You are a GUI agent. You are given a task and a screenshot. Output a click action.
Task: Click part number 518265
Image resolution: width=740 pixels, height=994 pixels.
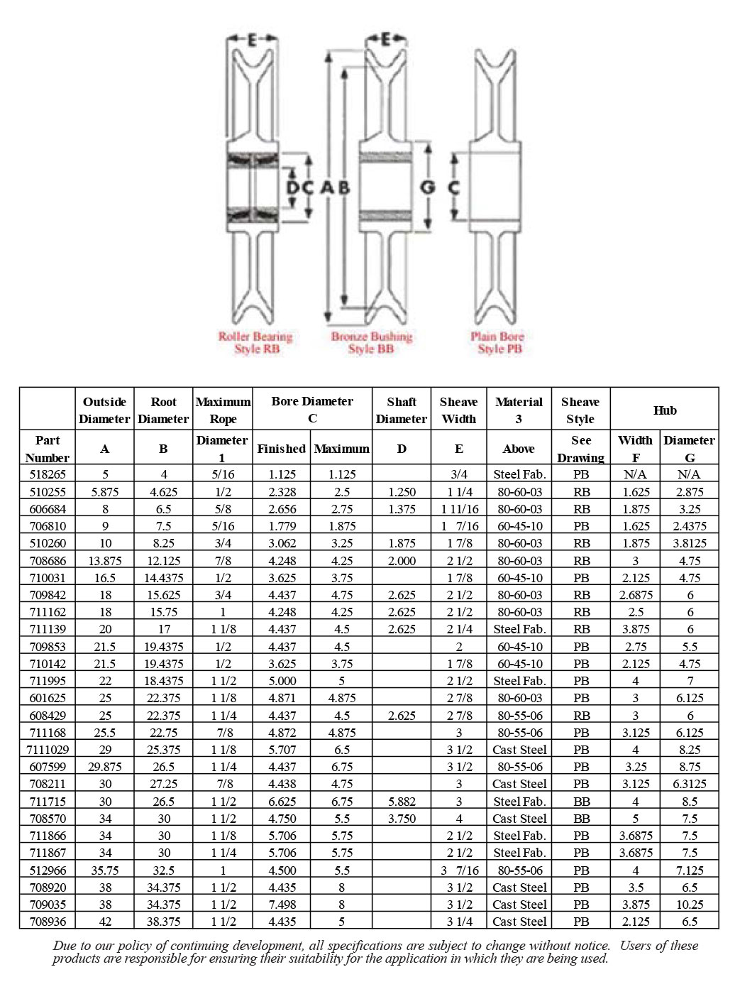coord(48,474)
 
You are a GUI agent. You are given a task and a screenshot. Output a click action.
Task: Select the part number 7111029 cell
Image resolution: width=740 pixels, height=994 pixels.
coord(48,750)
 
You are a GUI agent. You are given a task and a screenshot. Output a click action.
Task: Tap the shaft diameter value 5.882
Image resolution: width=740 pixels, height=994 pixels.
coord(402,802)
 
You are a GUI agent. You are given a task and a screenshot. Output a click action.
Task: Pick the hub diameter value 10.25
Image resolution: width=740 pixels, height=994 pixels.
coord(689,905)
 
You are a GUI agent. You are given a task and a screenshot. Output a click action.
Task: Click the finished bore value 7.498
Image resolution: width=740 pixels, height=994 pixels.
coord(282,905)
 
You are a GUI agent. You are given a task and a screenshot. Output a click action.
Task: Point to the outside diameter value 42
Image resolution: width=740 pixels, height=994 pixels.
coord(104,922)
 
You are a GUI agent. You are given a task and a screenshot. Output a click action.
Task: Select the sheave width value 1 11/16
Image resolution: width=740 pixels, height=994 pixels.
coord(459,509)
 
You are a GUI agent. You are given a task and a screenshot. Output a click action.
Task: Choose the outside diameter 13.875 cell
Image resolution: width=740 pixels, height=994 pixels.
coord(104,561)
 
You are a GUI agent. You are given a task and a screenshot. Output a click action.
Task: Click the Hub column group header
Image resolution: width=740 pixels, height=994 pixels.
coord(664,410)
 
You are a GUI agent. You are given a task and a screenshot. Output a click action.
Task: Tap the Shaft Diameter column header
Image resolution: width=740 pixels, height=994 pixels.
coord(402,410)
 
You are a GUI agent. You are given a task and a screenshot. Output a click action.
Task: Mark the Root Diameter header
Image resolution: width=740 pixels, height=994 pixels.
coord(163,410)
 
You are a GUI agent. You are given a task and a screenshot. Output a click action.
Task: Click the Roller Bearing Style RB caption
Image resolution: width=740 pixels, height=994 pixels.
coord(255,343)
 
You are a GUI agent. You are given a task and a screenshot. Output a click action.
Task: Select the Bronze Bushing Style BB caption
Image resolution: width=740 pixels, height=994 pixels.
coord(371,343)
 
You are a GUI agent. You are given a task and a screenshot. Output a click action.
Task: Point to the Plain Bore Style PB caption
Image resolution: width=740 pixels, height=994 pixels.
coord(498,343)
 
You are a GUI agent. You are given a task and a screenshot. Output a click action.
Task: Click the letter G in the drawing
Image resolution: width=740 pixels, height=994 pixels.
coord(428,187)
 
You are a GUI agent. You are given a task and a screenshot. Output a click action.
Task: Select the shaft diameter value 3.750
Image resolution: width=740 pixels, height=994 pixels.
coord(402,819)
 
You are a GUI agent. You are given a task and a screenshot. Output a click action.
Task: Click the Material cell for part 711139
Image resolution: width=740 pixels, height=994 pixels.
coord(519,629)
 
